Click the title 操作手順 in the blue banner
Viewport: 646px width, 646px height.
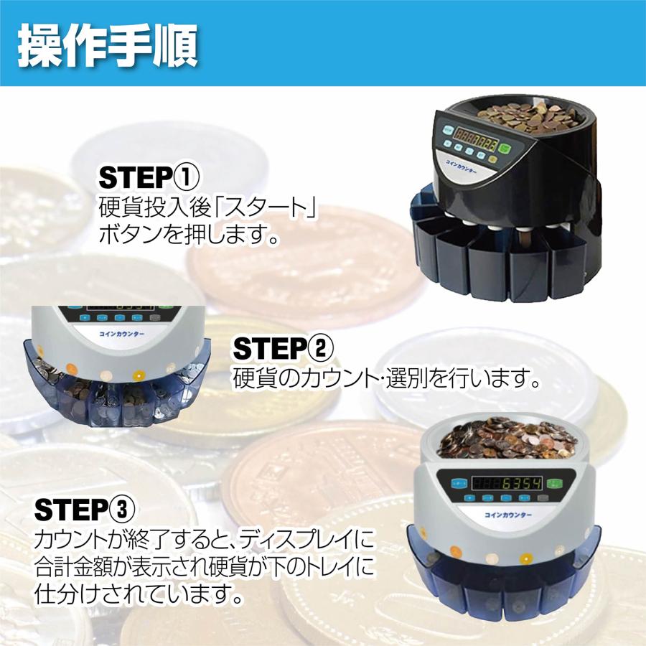tap(108, 45)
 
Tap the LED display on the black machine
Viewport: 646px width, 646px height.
tap(477, 140)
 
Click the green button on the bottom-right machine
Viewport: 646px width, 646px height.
tap(553, 482)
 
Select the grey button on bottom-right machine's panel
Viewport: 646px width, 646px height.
tap(543, 496)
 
